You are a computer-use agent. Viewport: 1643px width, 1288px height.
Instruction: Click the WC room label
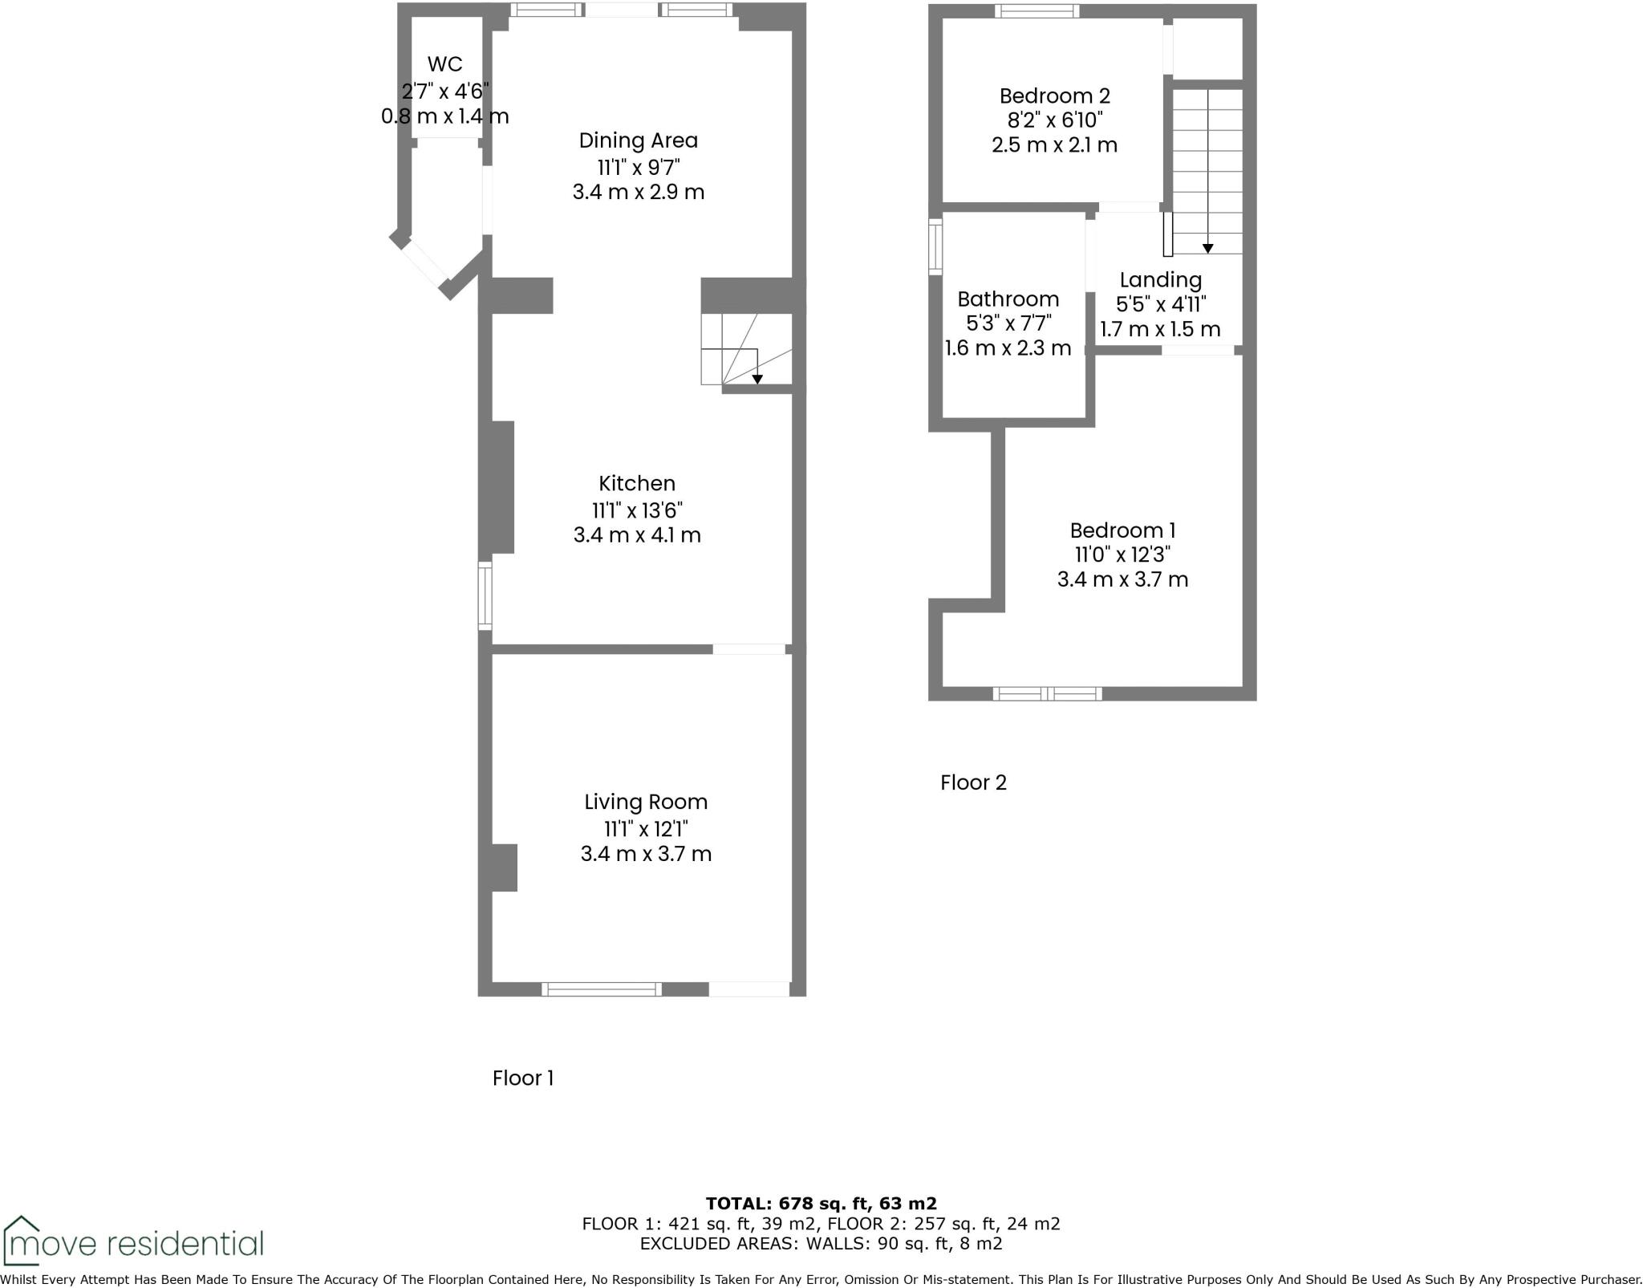coord(444,64)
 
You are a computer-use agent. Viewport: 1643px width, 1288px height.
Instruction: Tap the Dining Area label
coord(639,140)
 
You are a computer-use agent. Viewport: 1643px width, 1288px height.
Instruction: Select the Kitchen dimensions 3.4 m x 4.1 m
coord(637,535)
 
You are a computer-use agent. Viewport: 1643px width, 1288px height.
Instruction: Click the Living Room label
coord(646,802)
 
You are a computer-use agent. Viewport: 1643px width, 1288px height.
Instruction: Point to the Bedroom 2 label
coord(1054,96)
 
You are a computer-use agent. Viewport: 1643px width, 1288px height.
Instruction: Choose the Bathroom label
coord(1008,299)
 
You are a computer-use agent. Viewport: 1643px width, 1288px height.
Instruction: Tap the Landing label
coord(1160,280)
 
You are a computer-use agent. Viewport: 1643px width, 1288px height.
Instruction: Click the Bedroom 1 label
coord(1122,530)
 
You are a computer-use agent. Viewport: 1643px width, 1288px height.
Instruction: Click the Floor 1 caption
coord(523,1078)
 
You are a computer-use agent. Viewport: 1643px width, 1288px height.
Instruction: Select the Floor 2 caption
coord(973,782)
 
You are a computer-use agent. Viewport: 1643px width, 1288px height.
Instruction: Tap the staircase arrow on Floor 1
coord(757,378)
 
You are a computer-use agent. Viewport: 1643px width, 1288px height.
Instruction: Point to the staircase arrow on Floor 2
coord(1207,247)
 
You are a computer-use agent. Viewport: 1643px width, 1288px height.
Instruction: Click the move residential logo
coord(132,1243)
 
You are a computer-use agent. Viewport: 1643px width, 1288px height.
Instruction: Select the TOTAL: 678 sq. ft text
coord(821,1204)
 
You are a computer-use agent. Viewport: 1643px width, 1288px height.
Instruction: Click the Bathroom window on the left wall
coord(935,246)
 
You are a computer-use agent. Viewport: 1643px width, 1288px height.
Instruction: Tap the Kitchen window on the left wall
coord(485,595)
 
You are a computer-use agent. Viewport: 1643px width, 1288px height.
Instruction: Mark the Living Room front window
coord(602,989)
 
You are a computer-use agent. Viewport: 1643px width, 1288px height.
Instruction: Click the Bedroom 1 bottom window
coord(1047,693)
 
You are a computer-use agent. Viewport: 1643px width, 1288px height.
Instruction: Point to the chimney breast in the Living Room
coord(504,867)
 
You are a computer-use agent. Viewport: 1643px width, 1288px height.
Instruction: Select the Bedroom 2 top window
coord(1037,10)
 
